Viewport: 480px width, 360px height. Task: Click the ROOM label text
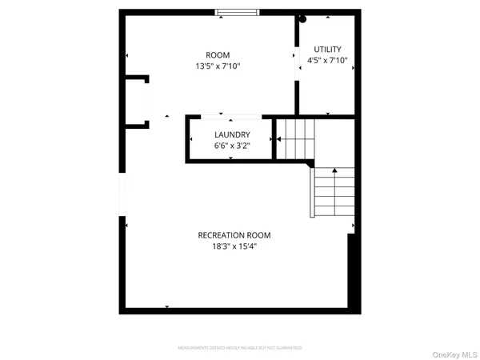(x=217, y=55)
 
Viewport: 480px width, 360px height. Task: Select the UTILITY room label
(x=328, y=49)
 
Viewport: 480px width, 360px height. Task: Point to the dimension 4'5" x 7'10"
(x=328, y=60)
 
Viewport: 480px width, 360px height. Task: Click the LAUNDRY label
(x=232, y=134)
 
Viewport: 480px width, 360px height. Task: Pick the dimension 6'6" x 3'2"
(x=232, y=146)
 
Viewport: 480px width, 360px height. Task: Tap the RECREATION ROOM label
(x=234, y=235)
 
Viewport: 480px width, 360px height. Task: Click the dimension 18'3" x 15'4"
(x=234, y=247)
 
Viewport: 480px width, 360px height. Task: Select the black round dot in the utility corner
(x=302, y=19)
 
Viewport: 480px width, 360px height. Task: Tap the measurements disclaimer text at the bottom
(x=239, y=348)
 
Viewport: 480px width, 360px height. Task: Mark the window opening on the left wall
(x=122, y=196)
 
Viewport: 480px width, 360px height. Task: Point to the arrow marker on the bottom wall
(x=167, y=306)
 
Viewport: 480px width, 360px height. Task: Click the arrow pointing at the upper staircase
(x=280, y=138)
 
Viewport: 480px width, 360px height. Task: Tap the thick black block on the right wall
(x=352, y=272)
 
